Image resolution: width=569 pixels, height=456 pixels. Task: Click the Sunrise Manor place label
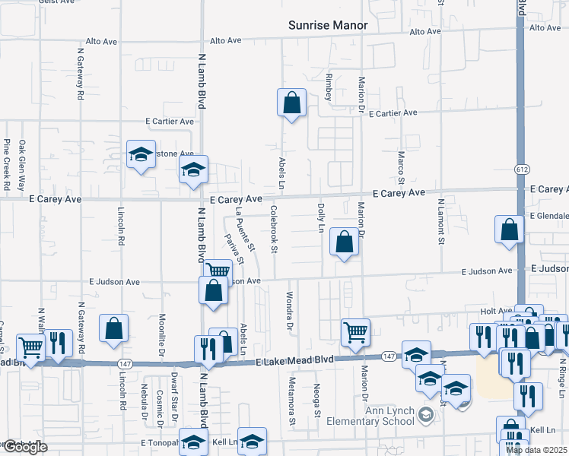(328, 25)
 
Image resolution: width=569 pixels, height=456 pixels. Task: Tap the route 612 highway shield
(521, 169)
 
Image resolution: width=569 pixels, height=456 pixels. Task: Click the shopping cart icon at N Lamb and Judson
(218, 271)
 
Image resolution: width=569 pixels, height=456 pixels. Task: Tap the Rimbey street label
(329, 87)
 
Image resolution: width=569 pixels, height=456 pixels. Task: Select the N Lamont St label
(441, 221)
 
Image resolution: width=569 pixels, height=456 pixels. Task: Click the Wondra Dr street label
(290, 312)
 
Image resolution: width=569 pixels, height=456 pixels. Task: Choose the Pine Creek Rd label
(6, 163)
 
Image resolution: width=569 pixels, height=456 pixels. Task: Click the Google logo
(24, 447)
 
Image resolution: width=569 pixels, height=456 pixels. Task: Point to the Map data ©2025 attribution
(536, 450)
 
